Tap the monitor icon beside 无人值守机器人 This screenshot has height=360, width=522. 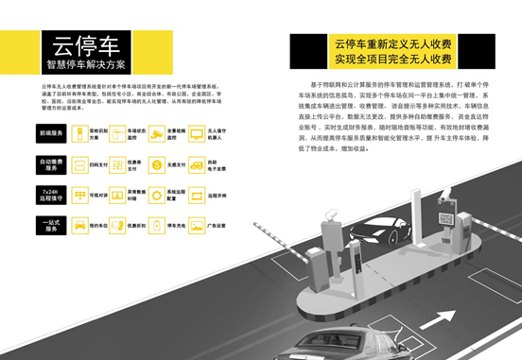pos(199,134)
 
